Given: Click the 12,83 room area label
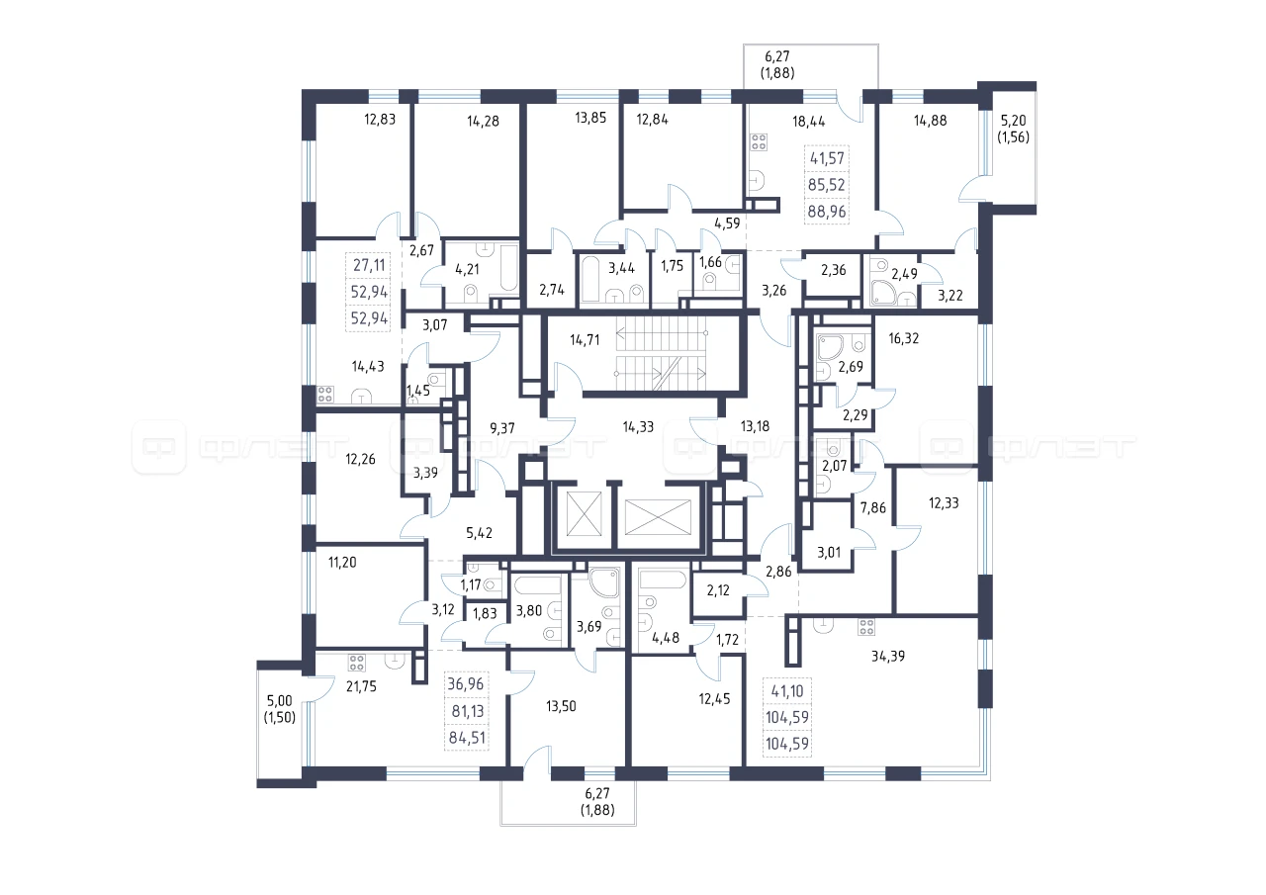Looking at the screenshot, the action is (x=380, y=120).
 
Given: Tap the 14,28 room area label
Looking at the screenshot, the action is (x=484, y=121).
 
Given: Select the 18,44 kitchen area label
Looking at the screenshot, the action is (x=809, y=122).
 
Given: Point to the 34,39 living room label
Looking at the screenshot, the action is (x=888, y=656).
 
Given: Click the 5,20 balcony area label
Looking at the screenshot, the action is (x=1014, y=121).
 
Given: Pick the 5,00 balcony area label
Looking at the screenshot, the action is (x=280, y=700).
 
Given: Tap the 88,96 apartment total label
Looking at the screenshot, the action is (x=827, y=212).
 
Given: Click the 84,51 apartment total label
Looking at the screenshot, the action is (x=467, y=738).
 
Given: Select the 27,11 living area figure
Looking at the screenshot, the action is (x=369, y=264).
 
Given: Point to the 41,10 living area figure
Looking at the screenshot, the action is (x=787, y=690).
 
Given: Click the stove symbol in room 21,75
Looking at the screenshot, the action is (x=356, y=663).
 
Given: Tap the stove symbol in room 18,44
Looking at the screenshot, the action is (x=759, y=141).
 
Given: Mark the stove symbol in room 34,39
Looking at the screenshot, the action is (x=865, y=627).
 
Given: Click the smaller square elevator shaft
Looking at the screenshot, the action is (x=584, y=513).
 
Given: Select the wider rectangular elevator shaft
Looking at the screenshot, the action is (x=658, y=517).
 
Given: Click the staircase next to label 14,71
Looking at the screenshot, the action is (x=660, y=353).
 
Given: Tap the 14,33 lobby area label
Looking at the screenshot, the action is (x=638, y=426).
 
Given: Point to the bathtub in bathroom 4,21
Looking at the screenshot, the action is (x=509, y=268).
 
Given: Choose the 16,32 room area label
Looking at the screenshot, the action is (x=904, y=338).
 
